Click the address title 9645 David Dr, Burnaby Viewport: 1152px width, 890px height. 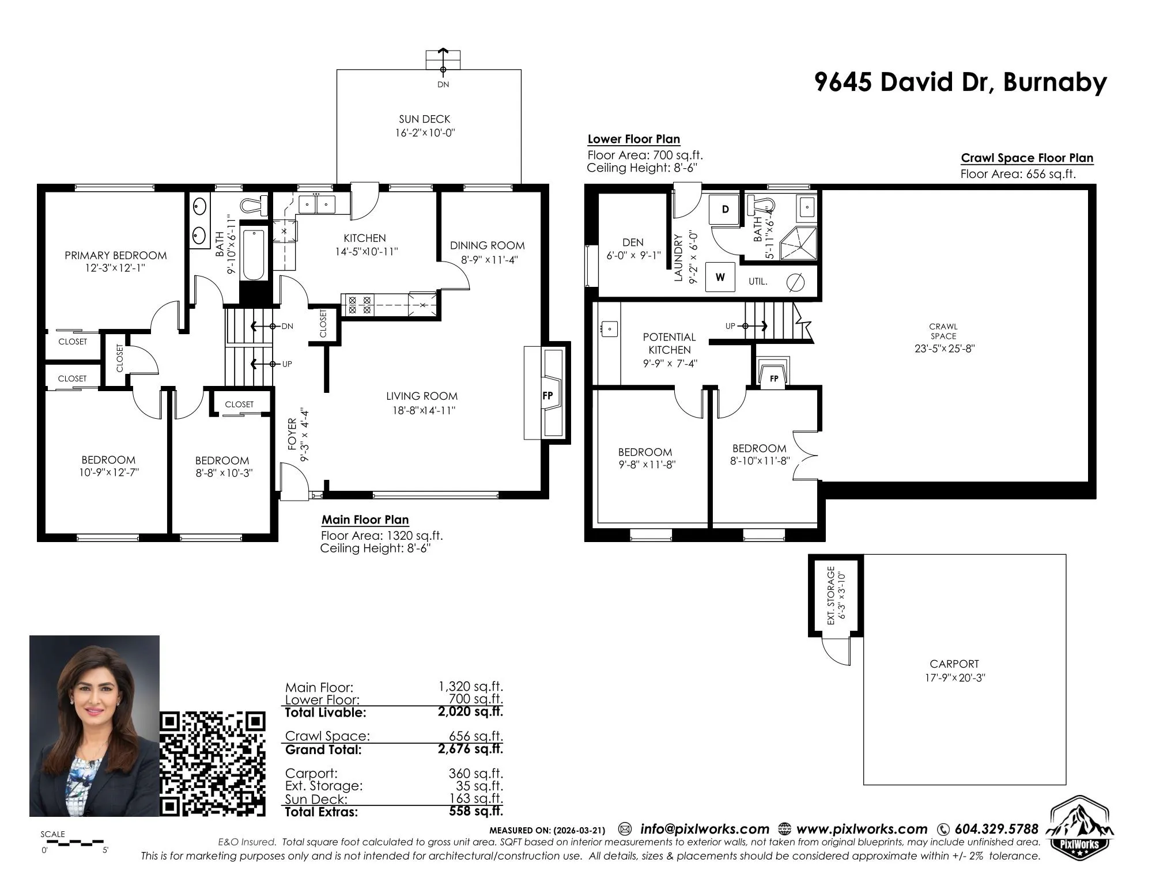[960, 82]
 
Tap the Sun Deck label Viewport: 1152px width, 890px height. [425, 119]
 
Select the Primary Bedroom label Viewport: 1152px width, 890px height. [116, 255]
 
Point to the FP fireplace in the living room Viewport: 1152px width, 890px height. [548, 394]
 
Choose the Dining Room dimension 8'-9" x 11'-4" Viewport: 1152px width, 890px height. [489, 260]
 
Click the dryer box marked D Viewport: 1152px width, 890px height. [725, 209]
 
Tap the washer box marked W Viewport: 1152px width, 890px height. [720, 277]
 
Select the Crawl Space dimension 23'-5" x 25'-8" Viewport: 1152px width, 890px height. [944, 349]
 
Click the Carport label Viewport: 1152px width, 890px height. [954, 664]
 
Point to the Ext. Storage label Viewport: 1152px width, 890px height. [830, 596]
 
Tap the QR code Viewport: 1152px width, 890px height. [213, 763]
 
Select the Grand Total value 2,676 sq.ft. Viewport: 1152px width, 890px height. [470, 749]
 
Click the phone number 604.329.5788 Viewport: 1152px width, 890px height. [996, 829]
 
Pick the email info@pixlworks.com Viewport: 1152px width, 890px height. [705, 829]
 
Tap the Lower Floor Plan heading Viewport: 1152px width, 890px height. [634, 139]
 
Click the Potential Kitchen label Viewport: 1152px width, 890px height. [670, 343]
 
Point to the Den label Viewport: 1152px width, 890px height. [633, 243]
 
